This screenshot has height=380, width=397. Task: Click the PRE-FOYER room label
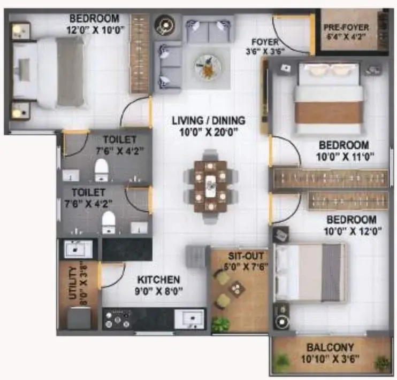pos(346,27)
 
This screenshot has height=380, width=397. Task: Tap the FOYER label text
pos(265,42)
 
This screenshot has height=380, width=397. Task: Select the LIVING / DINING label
pos(209,120)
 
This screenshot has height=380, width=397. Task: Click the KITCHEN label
pos(158,280)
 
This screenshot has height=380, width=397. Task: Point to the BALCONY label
pos(330,347)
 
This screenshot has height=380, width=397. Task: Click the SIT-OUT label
pos(246,256)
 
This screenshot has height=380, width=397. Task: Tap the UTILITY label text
pos(72,283)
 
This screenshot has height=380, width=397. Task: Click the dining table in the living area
pos(210,186)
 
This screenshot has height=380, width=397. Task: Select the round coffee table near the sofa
pos(208,67)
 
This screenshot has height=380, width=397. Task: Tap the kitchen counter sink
pos(189,318)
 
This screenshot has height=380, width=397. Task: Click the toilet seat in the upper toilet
pos(101,169)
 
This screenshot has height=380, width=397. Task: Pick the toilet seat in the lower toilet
pos(109,222)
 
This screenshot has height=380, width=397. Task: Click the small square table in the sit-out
pos(237,289)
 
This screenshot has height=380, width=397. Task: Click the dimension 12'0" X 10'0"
pos(95,30)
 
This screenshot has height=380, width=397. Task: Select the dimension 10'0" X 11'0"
pos(345,157)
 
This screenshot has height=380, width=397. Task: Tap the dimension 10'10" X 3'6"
pos(330,359)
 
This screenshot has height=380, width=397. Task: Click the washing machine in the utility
pos(79,317)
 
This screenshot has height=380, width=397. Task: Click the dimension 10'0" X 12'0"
pos(353,231)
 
